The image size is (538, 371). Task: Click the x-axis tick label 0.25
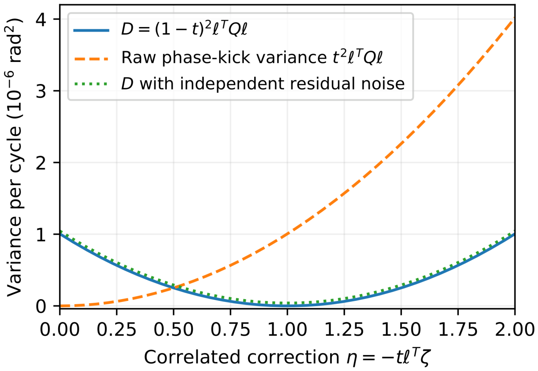(x=116, y=329)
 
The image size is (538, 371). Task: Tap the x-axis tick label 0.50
(x=173, y=329)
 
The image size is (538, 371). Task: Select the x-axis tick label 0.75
(x=230, y=329)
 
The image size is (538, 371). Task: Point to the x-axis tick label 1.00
(x=287, y=329)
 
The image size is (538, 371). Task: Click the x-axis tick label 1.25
(x=344, y=329)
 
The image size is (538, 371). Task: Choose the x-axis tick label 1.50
(x=401, y=329)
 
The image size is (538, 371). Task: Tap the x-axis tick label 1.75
(x=458, y=329)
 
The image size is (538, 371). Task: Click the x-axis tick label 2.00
(x=515, y=329)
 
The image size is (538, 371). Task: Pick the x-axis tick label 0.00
(x=59, y=329)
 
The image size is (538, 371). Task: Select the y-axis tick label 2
(x=41, y=162)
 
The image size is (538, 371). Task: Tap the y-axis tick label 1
(x=41, y=234)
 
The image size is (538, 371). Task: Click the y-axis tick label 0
(x=41, y=306)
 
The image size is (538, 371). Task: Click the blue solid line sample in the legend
(x=91, y=30)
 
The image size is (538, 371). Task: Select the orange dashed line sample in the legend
(x=91, y=58)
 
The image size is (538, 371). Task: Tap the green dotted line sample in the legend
(x=91, y=84)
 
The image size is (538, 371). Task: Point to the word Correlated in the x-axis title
(x=192, y=357)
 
